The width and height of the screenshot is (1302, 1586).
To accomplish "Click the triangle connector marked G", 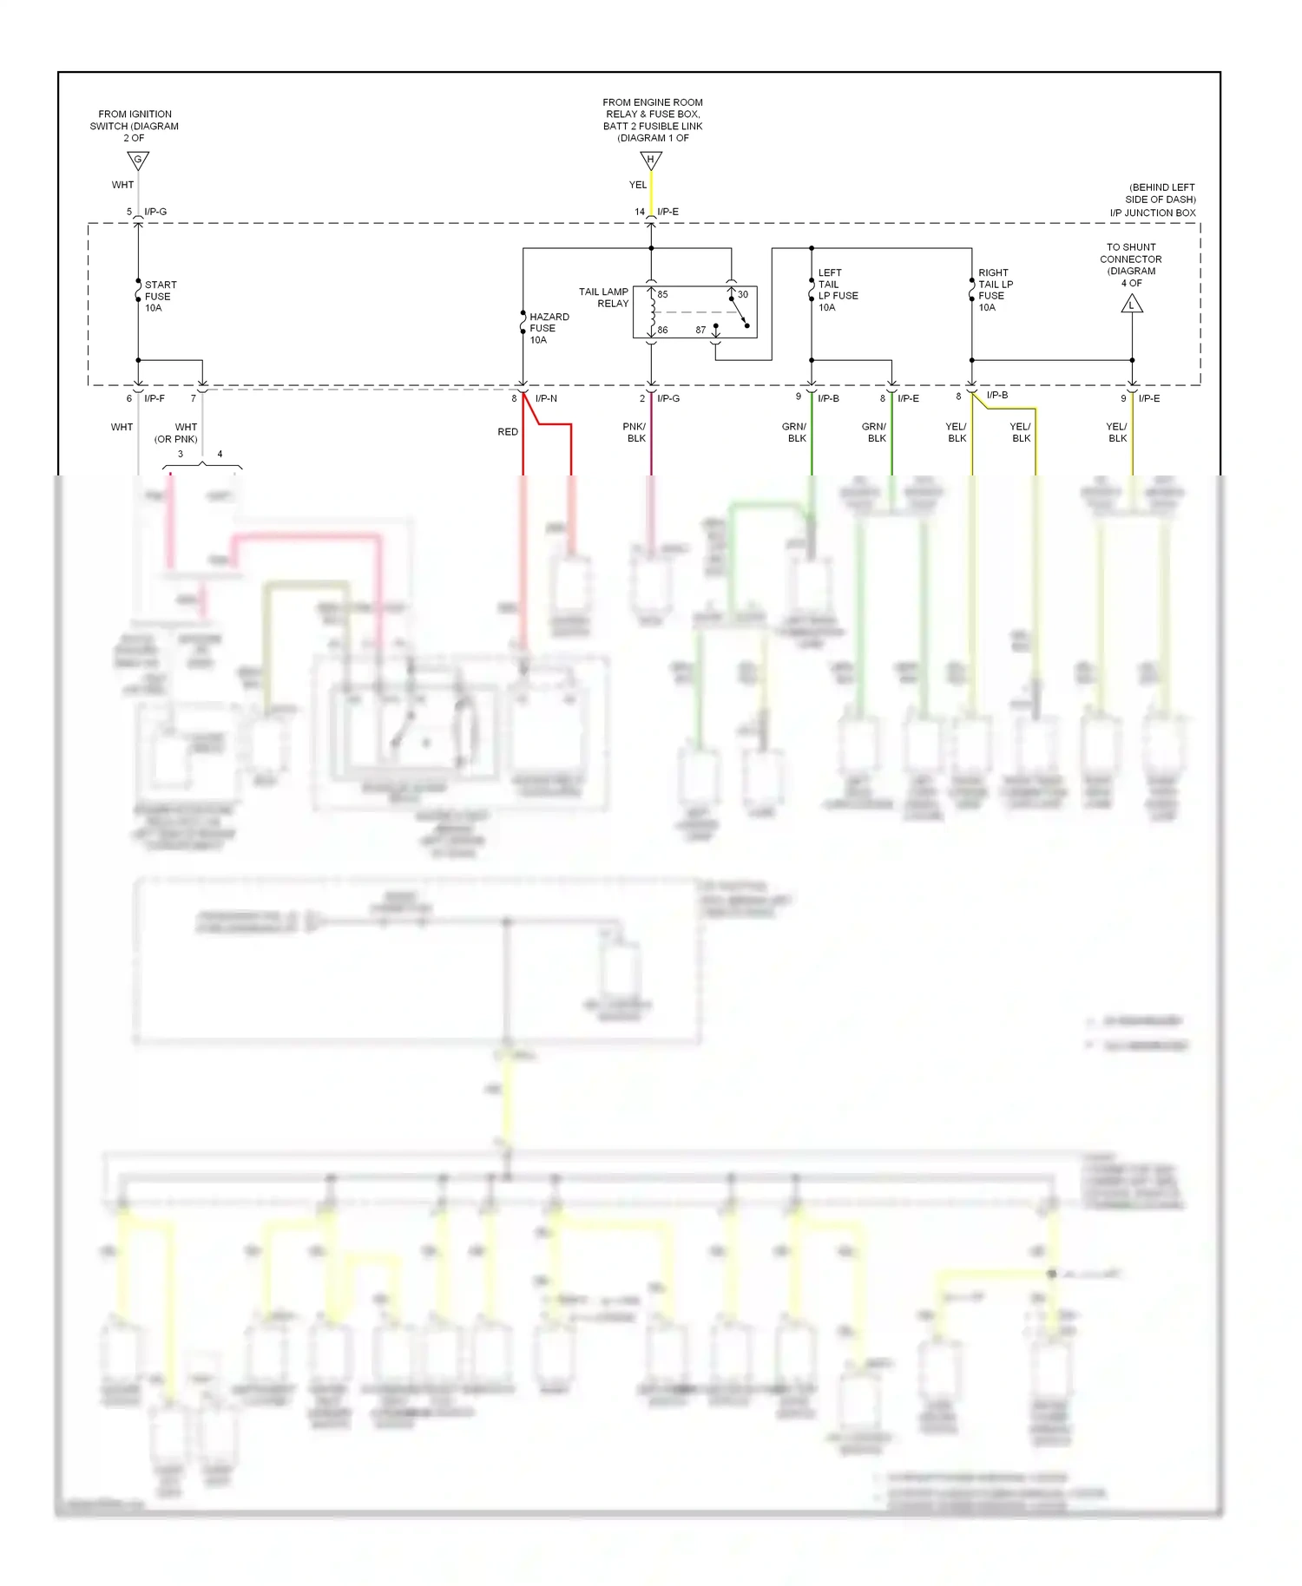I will [x=138, y=161].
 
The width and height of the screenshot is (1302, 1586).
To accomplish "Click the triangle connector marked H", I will [x=651, y=161].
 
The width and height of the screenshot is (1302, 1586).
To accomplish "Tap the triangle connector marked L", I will [x=1132, y=305].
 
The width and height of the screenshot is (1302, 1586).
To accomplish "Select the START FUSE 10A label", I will [x=160, y=296].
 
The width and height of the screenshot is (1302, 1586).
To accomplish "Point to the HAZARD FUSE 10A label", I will [x=549, y=328].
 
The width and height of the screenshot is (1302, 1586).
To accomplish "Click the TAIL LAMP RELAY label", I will [x=604, y=298].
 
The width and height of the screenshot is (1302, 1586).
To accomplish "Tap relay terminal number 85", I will [x=662, y=294].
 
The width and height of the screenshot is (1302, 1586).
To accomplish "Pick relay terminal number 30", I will [x=743, y=294].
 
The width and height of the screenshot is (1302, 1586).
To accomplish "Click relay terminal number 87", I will [x=700, y=330].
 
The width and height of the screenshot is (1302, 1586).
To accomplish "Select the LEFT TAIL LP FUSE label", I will [x=838, y=290].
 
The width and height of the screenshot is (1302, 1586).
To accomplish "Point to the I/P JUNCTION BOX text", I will [x=1153, y=213].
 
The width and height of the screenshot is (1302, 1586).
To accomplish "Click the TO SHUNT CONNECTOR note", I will [x=1131, y=265].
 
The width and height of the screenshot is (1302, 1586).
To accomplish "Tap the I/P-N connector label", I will [x=546, y=398].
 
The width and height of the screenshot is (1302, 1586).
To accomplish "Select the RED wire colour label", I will [x=508, y=431].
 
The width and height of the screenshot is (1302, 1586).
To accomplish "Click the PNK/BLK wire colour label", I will [x=635, y=432].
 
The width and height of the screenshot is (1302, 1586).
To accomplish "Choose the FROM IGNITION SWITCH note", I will [x=135, y=126].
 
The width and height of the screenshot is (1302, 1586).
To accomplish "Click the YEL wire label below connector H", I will [x=638, y=185].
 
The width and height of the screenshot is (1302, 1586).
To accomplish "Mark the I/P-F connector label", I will [x=155, y=398].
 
